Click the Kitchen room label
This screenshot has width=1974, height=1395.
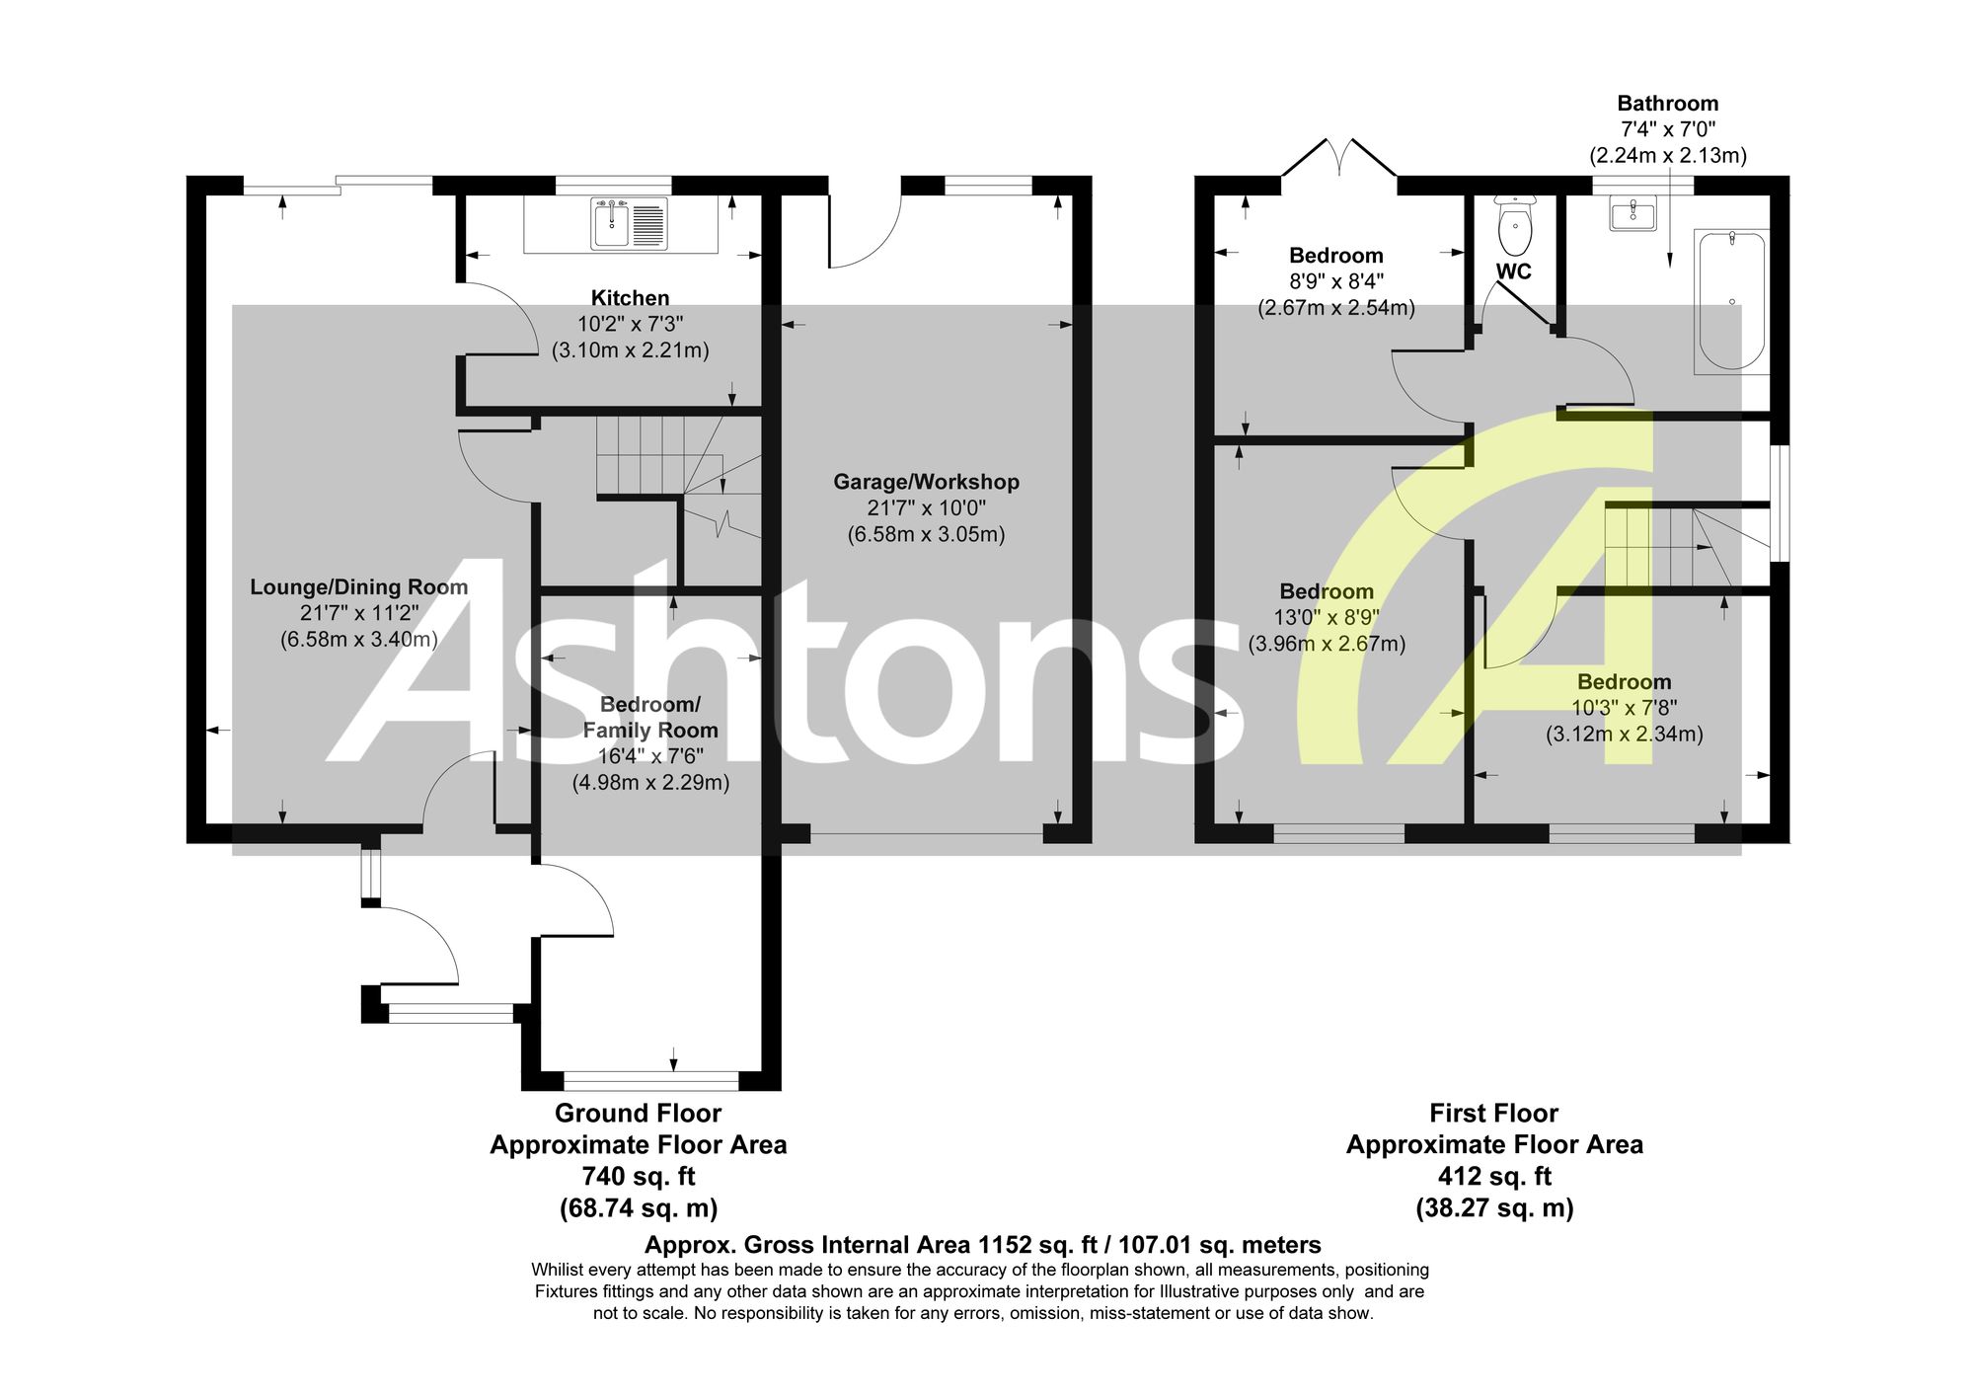(630, 298)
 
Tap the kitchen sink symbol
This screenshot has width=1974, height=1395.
(630, 223)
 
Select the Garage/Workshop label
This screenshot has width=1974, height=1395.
(926, 482)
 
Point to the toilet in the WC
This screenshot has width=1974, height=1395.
(1514, 225)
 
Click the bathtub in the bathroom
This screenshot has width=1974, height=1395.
(1731, 302)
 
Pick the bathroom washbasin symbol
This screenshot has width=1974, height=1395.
(1632, 213)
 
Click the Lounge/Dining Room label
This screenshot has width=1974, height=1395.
(358, 587)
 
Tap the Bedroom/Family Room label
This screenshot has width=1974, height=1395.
(650, 718)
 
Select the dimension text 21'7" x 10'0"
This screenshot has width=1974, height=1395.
(926, 508)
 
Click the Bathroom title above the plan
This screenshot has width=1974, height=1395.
(1667, 104)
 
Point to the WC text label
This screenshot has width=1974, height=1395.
(1513, 271)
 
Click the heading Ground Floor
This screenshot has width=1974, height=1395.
(638, 1114)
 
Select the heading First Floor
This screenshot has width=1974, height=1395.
(1493, 1114)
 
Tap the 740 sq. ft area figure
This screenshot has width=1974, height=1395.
(638, 1177)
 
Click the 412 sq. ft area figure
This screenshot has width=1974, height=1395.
(1493, 1177)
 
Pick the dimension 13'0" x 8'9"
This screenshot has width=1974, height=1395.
(1327, 618)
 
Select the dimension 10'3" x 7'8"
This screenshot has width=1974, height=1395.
(1624, 708)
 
